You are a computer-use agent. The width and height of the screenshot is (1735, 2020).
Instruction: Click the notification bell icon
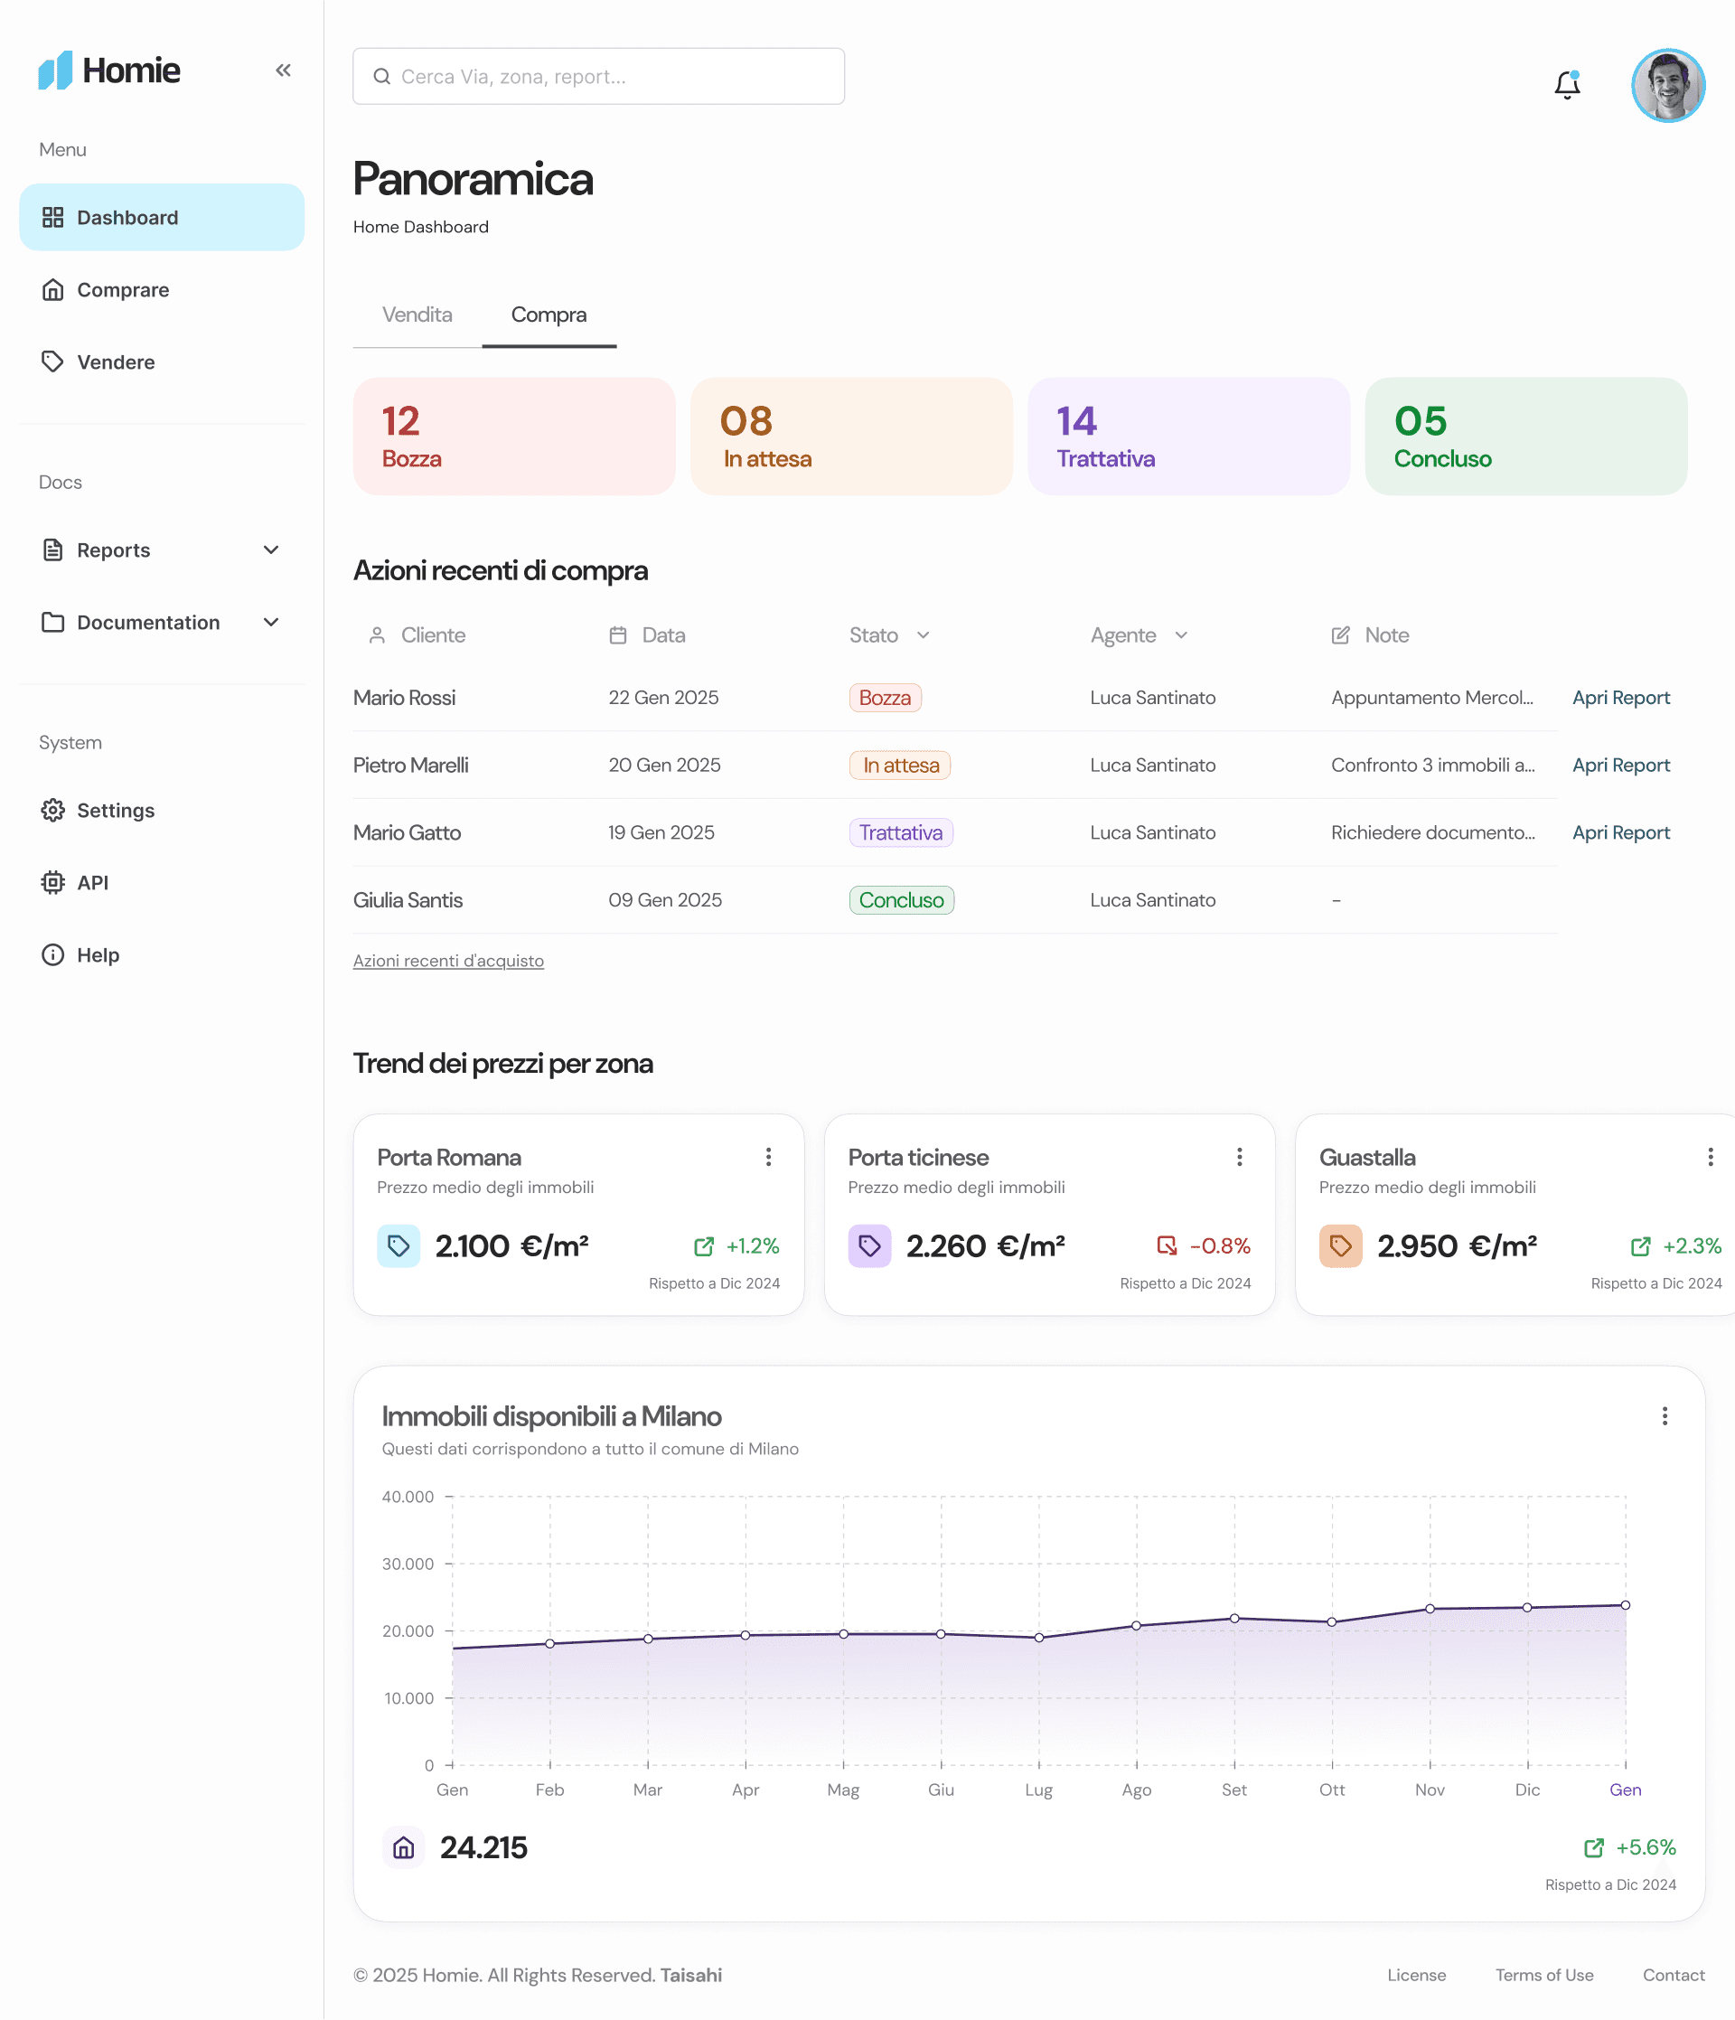click(x=1566, y=85)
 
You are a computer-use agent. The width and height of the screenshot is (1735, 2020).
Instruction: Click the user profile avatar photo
click(x=1668, y=86)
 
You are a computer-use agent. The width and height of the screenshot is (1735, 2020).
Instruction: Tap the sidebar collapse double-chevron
click(x=283, y=70)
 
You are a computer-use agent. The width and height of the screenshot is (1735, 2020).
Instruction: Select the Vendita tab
click(x=417, y=315)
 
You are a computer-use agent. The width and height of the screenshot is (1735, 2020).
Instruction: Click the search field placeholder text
click(x=513, y=77)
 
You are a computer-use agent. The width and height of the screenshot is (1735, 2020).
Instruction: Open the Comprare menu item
click(x=123, y=289)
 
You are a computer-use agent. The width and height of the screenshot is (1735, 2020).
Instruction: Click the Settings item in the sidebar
click(x=115, y=810)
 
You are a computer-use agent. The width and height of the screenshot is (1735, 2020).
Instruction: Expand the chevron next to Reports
click(x=271, y=550)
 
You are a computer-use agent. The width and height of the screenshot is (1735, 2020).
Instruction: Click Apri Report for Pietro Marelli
click(x=1621, y=766)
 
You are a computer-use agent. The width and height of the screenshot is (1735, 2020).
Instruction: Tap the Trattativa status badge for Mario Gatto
click(x=901, y=832)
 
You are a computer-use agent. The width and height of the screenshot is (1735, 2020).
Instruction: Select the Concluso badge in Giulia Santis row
click(x=902, y=900)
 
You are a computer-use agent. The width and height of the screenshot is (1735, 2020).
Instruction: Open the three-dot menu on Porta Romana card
click(x=769, y=1157)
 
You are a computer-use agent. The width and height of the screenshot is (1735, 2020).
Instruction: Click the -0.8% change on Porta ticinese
click(x=1219, y=1246)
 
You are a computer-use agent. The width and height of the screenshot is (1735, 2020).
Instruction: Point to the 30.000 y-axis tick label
click(x=408, y=1564)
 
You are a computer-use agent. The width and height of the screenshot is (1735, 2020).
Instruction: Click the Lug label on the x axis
click(x=1038, y=1790)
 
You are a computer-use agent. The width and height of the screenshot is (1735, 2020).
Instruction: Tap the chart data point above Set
click(x=1234, y=1619)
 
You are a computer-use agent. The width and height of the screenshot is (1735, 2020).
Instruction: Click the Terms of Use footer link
click(x=1544, y=1975)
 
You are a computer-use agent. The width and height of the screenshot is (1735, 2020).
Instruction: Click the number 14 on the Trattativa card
click(x=1076, y=421)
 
